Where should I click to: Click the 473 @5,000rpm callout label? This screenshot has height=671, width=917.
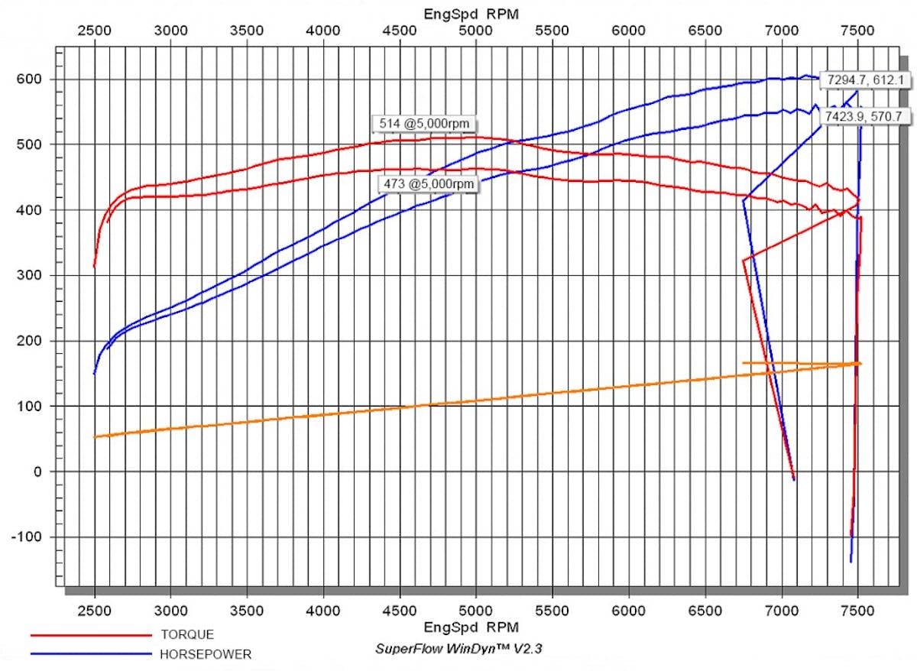coord(428,184)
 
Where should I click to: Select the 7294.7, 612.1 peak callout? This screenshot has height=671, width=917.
coord(854,79)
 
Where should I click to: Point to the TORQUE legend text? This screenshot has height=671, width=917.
coord(187,635)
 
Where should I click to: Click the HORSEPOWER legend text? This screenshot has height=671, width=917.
coord(206,654)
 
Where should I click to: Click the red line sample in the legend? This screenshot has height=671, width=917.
coord(91,635)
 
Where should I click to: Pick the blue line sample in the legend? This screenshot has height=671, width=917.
coord(91,654)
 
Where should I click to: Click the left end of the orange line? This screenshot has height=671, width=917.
coord(95,436)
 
